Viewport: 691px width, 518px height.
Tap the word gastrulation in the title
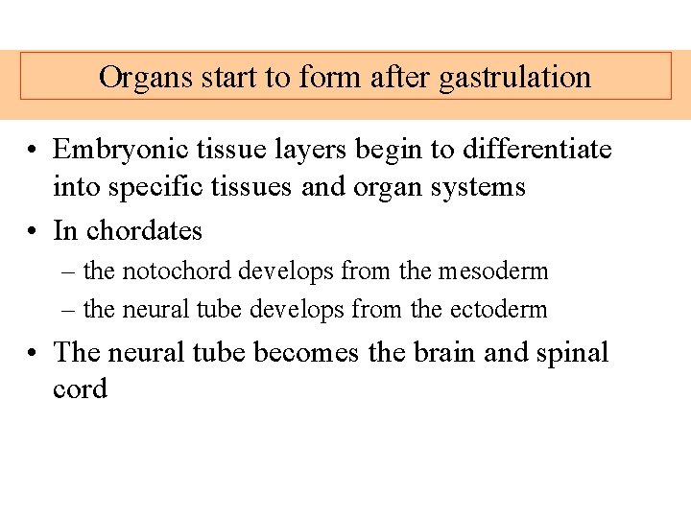coord(514,78)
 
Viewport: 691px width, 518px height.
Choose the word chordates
coord(144,231)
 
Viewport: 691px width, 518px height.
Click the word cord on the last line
coord(80,388)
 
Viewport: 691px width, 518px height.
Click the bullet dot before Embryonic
coord(33,151)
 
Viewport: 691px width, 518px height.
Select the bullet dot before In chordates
coord(33,232)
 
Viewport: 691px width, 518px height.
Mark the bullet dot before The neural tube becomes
coord(33,353)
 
